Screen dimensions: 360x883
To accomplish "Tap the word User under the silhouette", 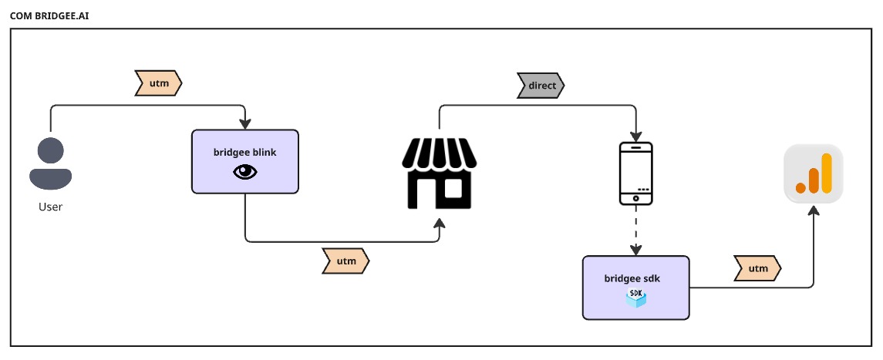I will point(51,207).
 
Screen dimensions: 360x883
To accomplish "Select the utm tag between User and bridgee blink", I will point(158,81).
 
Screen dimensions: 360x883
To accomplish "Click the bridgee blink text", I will point(244,152).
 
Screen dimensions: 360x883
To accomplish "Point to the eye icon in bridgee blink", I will point(244,173).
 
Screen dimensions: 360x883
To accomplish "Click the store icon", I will point(440,173).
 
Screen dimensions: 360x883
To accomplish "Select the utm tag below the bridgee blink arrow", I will point(345,261).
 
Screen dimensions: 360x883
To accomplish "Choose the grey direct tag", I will point(541,85).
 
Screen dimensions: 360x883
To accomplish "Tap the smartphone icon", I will point(636,173).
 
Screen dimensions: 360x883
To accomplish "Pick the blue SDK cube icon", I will point(636,298).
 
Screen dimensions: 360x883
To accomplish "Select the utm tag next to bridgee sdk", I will point(757,268).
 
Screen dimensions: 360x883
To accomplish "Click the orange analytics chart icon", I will point(814,173).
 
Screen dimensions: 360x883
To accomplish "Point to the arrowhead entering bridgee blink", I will point(245,124).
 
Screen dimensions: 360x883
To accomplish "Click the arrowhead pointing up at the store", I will point(440,223).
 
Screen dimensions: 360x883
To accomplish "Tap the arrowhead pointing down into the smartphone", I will point(636,134).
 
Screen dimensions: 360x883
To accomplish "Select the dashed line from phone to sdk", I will point(636,227).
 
